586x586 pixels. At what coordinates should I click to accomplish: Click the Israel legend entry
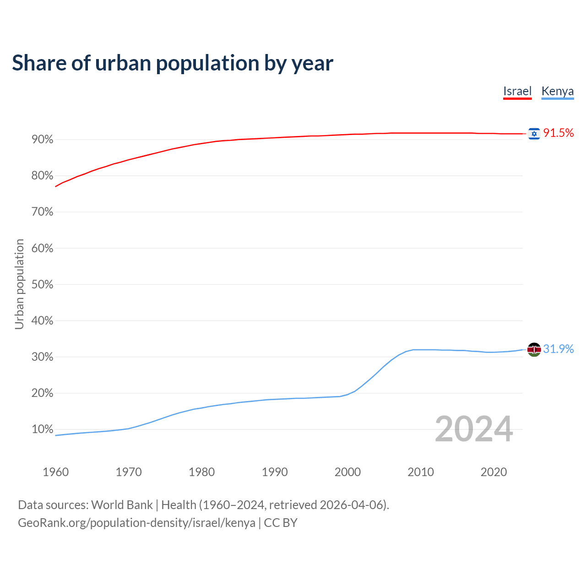pos(517,91)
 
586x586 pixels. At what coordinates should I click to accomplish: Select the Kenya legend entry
pos(557,91)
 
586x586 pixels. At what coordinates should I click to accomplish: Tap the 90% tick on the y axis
pos(43,140)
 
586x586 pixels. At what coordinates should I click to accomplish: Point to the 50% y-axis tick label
pos(43,285)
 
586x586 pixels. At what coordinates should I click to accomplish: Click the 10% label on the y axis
pos(43,429)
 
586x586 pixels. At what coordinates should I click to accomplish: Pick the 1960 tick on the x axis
pos(55,472)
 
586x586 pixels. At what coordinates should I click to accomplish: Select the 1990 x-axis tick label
pos(275,472)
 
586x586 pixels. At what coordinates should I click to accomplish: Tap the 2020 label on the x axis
pos(494,472)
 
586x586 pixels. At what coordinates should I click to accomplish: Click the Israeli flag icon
pos(534,133)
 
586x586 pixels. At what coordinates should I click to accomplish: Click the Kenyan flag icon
pos(534,349)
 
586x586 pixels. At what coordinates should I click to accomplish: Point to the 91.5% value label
pos(558,133)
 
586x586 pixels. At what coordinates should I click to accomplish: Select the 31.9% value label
pos(558,349)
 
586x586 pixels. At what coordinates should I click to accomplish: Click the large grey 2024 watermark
pos(473,429)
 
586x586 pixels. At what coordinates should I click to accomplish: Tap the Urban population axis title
pos(19,284)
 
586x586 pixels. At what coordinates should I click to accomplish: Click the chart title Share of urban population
pos(172,63)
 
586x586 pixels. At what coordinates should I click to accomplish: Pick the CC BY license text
pos(281,523)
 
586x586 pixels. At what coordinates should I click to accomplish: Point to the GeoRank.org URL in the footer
pos(136,523)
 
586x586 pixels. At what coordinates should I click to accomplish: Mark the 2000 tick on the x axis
pos(347,472)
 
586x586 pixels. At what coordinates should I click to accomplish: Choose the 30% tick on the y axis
pos(43,357)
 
